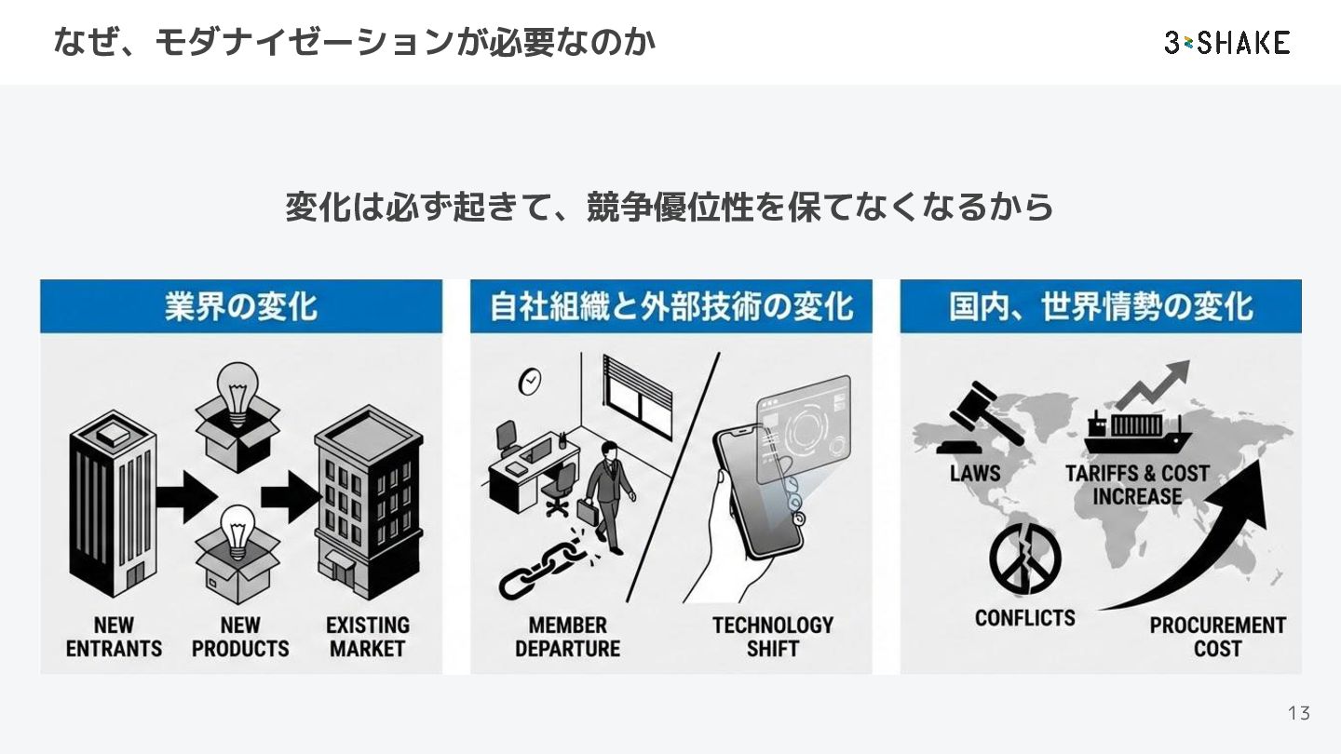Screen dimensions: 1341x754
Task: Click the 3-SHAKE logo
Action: click(1226, 42)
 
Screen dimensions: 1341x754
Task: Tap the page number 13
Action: click(1298, 713)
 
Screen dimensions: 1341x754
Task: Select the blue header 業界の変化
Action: click(240, 306)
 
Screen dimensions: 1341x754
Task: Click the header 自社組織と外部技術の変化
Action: click(670, 306)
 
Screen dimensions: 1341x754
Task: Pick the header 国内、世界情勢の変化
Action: click(1101, 306)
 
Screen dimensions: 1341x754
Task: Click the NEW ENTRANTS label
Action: click(114, 637)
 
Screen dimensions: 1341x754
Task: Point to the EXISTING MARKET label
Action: click(368, 637)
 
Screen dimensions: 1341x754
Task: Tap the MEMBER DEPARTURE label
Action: click(567, 637)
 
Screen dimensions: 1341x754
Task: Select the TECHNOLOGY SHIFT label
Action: click(773, 637)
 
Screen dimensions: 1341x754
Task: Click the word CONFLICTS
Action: click(1024, 617)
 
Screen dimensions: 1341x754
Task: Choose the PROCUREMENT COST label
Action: click(1217, 637)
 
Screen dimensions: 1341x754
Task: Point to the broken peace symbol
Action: click(1024, 558)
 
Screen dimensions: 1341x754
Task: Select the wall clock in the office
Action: click(529, 381)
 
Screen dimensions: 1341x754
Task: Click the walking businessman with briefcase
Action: click(605, 493)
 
